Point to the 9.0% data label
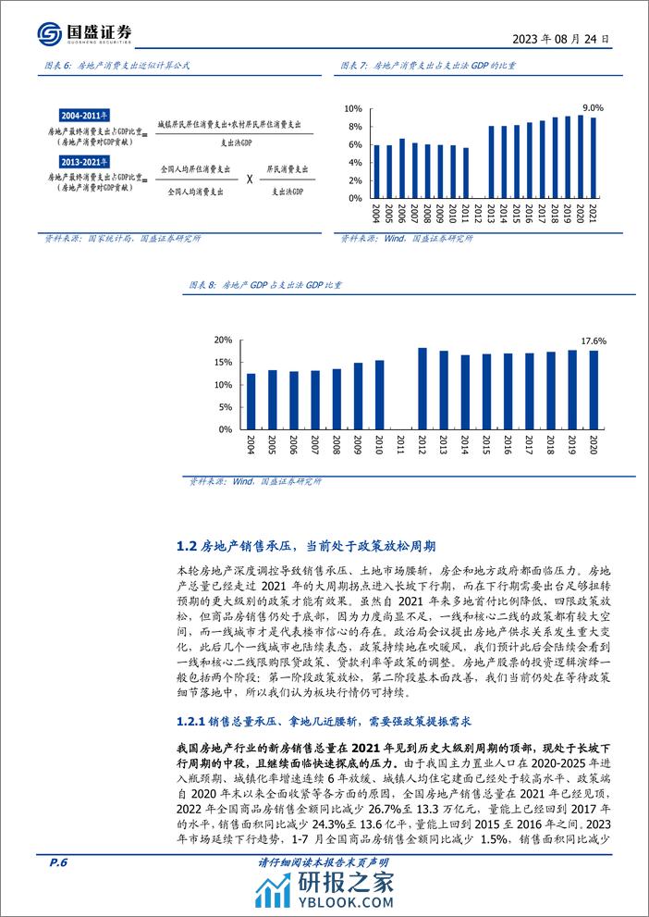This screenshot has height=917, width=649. click(593, 106)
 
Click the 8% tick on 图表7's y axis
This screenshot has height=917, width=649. click(351, 127)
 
